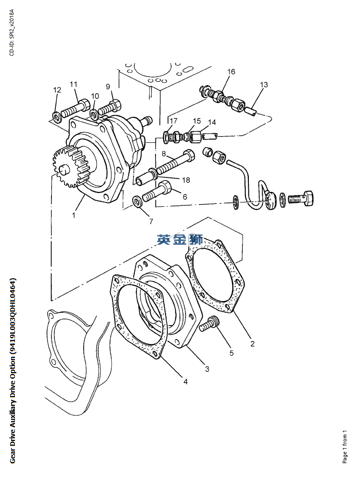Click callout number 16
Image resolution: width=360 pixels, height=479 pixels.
click(x=231, y=72)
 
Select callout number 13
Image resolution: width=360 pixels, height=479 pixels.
click(x=264, y=85)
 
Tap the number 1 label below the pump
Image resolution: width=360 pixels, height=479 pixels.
click(x=74, y=215)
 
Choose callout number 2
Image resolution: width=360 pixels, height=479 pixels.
click(x=252, y=343)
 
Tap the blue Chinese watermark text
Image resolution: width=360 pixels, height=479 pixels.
click(x=180, y=239)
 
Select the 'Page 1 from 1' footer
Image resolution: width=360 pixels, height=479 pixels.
click(x=345, y=447)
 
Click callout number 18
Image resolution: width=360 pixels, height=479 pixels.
click(x=186, y=180)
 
